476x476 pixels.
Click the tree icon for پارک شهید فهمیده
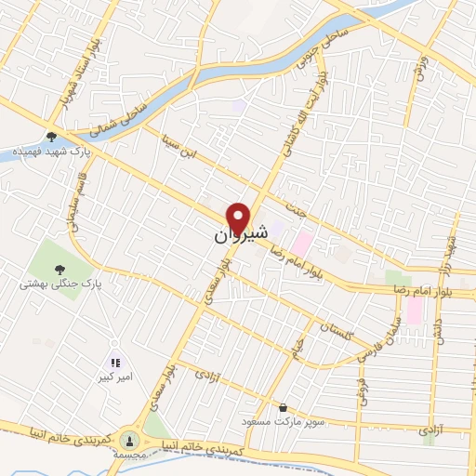(51, 137)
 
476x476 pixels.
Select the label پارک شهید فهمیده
(46, 152)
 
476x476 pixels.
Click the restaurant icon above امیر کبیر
(114, 364)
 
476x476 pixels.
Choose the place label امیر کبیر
(113, 378)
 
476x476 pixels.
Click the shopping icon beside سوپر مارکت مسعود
(284, 408)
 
